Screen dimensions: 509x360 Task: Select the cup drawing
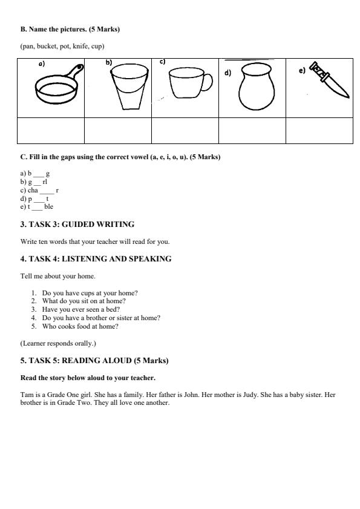(187, 84)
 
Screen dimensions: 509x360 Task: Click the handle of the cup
(206, 82)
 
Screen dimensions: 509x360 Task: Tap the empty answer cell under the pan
(51, 130)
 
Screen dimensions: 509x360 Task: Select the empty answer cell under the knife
(319, 130)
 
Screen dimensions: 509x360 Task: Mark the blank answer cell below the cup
(185, 130)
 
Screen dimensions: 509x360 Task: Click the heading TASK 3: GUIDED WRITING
(77, 225)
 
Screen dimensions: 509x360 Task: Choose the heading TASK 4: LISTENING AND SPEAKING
(96, 259)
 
